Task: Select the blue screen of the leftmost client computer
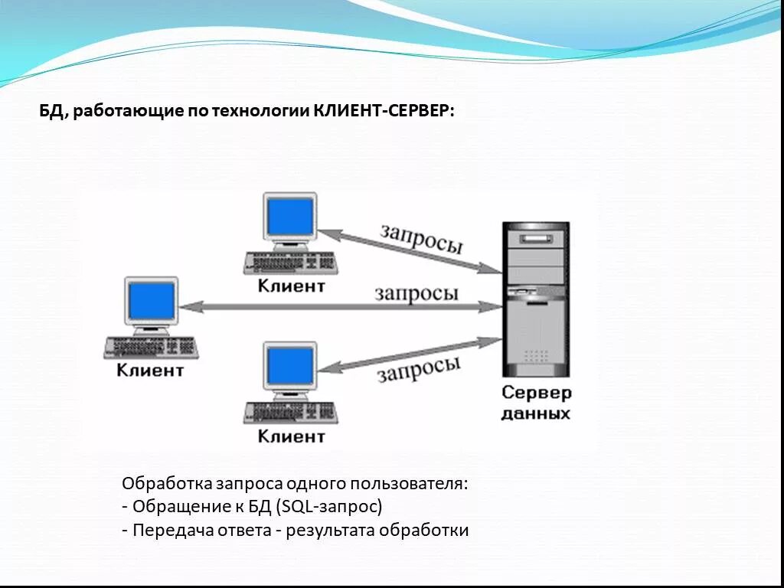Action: (152, 301)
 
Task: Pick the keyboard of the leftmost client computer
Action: (152, 347)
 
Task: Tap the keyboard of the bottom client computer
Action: (291, 412)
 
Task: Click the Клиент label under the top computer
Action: (291, 286)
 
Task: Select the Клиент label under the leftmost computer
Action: (151, 371)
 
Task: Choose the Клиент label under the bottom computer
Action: (291, 436)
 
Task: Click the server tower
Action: (535, 299)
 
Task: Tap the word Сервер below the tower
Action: (536, 394)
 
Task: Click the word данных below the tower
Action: (536, 413)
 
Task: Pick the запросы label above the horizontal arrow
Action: (416, 292)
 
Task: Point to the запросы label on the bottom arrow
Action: (419, 368)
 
